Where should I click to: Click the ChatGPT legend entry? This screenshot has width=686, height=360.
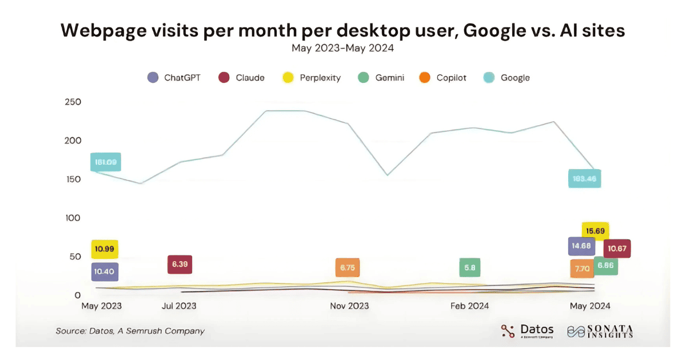click(x=174, y=78)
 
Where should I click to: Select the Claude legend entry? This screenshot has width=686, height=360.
click(x=242, y=78)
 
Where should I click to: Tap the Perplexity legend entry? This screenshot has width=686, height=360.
click(x=312, y=78)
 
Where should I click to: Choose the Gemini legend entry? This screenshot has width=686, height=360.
click(x=382, y=78)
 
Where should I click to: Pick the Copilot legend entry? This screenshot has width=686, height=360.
click(x=445, y=78)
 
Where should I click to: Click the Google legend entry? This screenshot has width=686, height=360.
click(x=508, y=78)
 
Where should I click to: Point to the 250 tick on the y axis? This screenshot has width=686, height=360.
click(x=73, y=102)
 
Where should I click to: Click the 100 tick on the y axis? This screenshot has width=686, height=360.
click(x=73, y=218)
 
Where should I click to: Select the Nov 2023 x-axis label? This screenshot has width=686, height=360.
click(x=349, y=306)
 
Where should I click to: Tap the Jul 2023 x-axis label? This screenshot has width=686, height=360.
click(x=179, y=306)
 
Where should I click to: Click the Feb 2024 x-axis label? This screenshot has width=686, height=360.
click(x=469, y=306)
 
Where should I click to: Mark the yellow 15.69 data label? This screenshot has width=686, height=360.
click(x=595, y=231)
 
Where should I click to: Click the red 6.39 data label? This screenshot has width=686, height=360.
click(x=180, y=265)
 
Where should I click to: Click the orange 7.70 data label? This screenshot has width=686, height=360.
click(x=581, y=268)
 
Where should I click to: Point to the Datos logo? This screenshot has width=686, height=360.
click(x=527, y=331)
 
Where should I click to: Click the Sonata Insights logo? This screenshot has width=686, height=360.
click(x=600, y=331)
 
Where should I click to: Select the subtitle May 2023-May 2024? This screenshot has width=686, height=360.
click(x=342, y=48)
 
